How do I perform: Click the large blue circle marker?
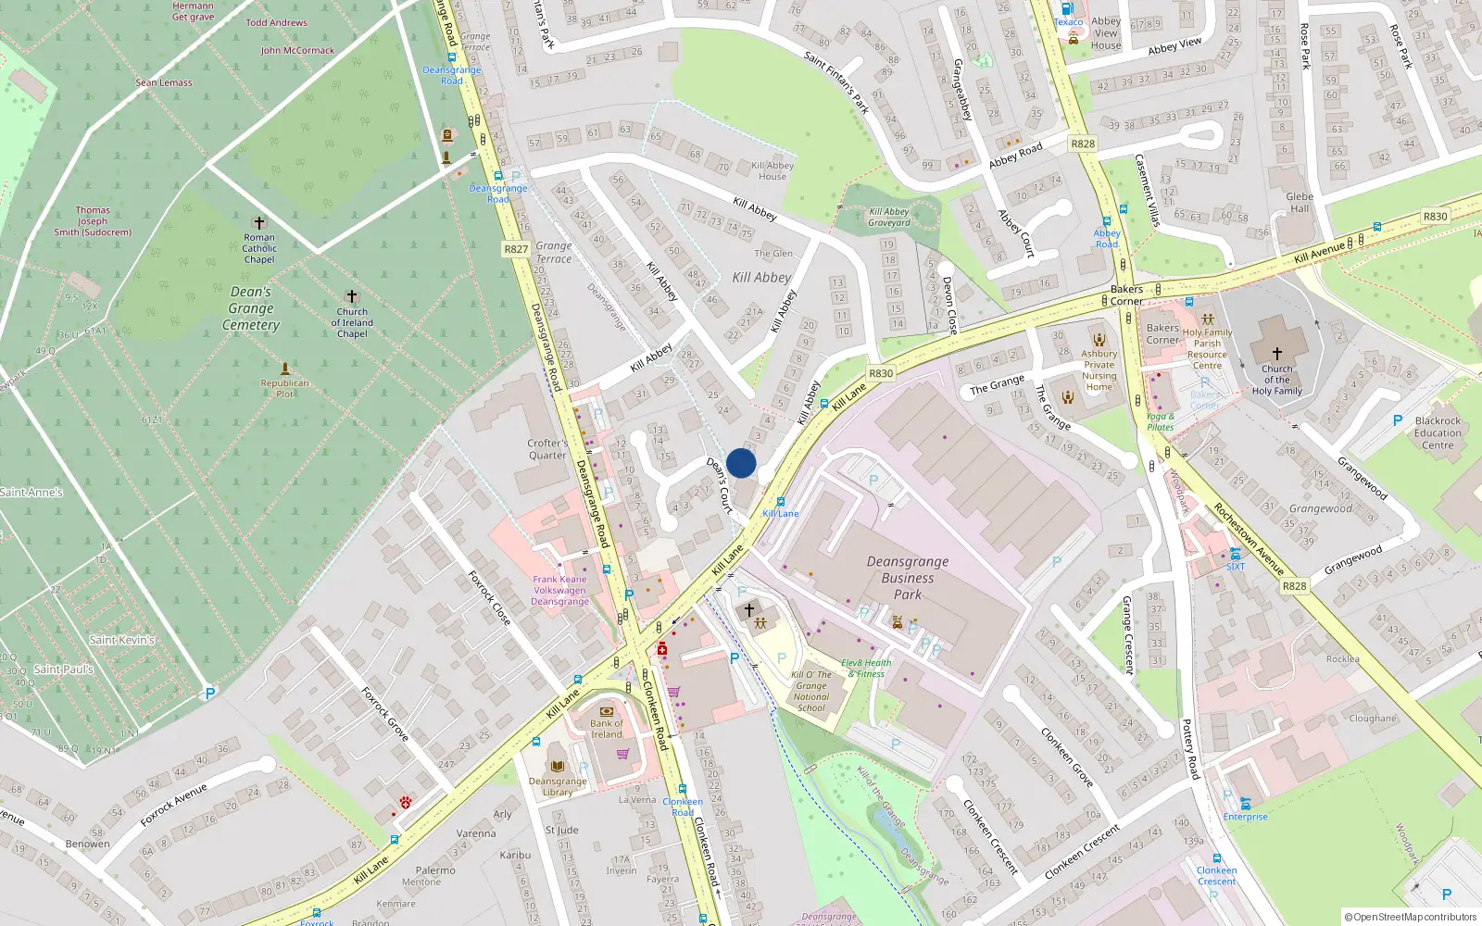pyautogui.click(x=741, y=463)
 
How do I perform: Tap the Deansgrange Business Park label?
pyautogui.click(x=907, y=578)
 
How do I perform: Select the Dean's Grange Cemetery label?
pyautogui.click(x=251, y=308)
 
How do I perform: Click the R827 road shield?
pyautogui.click(x=516, y=249)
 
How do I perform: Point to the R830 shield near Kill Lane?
pyautogui.click(x=881, y=373)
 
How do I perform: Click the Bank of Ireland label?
pyautogui.click(x=607, y=729)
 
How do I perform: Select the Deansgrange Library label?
pyautogui.click(x=558, y=786)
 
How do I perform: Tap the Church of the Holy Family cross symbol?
pyautogui.click(x=1276, y=353)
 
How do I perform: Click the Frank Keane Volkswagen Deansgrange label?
pyautogui.click(x=559, y=590)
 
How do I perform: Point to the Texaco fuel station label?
pyautogui.click(x=1068, y=22)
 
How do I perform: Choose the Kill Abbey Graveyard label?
pyautogui.click(x=889, y=217)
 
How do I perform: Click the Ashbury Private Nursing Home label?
pyautogui.click(x=1099, y=370)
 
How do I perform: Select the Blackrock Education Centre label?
pyautogui.click(x=1438, y=432)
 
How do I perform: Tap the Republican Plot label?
pyautogui.click(x=284, y=388)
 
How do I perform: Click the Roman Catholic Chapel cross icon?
pyautogui.click(x=259, y=223)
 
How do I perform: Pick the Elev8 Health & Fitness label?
pyautogui.click(x=866, y=668)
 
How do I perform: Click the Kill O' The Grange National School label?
pyautogui.click(x=810, y=691)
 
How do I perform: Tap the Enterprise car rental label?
pyautogui.click(x=1245, y=817)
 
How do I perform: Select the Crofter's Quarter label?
pyautogui.click(x=547, y=449)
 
